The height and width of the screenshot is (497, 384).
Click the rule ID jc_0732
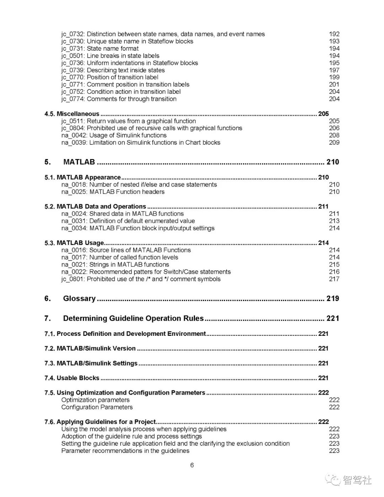point(73,34)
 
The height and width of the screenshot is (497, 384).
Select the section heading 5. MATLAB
point(79,162)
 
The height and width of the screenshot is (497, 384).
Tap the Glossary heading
point(79,298)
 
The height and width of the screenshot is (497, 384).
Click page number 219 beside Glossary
point(332,298)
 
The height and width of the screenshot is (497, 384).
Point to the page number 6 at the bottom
point(192,465)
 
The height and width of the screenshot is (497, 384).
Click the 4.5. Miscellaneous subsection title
point(72,114)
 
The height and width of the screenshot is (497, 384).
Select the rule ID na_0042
point(74,135)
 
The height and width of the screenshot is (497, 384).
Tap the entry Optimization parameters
point(95,400)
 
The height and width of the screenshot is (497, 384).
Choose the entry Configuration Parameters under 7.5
point(97,407)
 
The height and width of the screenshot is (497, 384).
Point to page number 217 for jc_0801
point(334,279)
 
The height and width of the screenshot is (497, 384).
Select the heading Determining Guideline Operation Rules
point(133,318)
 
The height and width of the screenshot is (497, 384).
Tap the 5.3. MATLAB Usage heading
point(74,243)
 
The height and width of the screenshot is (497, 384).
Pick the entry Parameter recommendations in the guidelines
point(125,451)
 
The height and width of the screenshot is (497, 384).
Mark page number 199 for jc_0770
point(334,77)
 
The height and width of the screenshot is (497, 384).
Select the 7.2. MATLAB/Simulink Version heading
point(90,349)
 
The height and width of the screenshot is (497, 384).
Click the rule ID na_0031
point(74,221)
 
